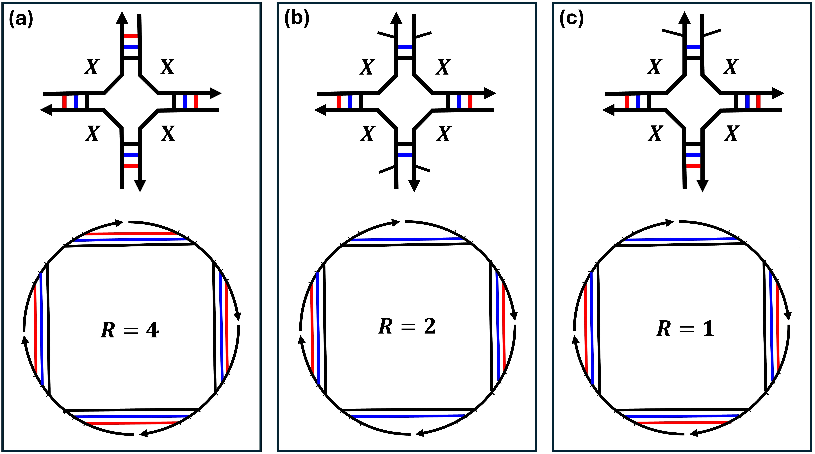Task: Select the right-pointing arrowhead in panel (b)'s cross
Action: (x=490, y=93)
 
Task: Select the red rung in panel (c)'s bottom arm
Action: (x=693, y=166)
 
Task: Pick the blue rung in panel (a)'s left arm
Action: (x=76, y=101)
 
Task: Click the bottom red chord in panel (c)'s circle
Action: (x=683, y=422)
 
